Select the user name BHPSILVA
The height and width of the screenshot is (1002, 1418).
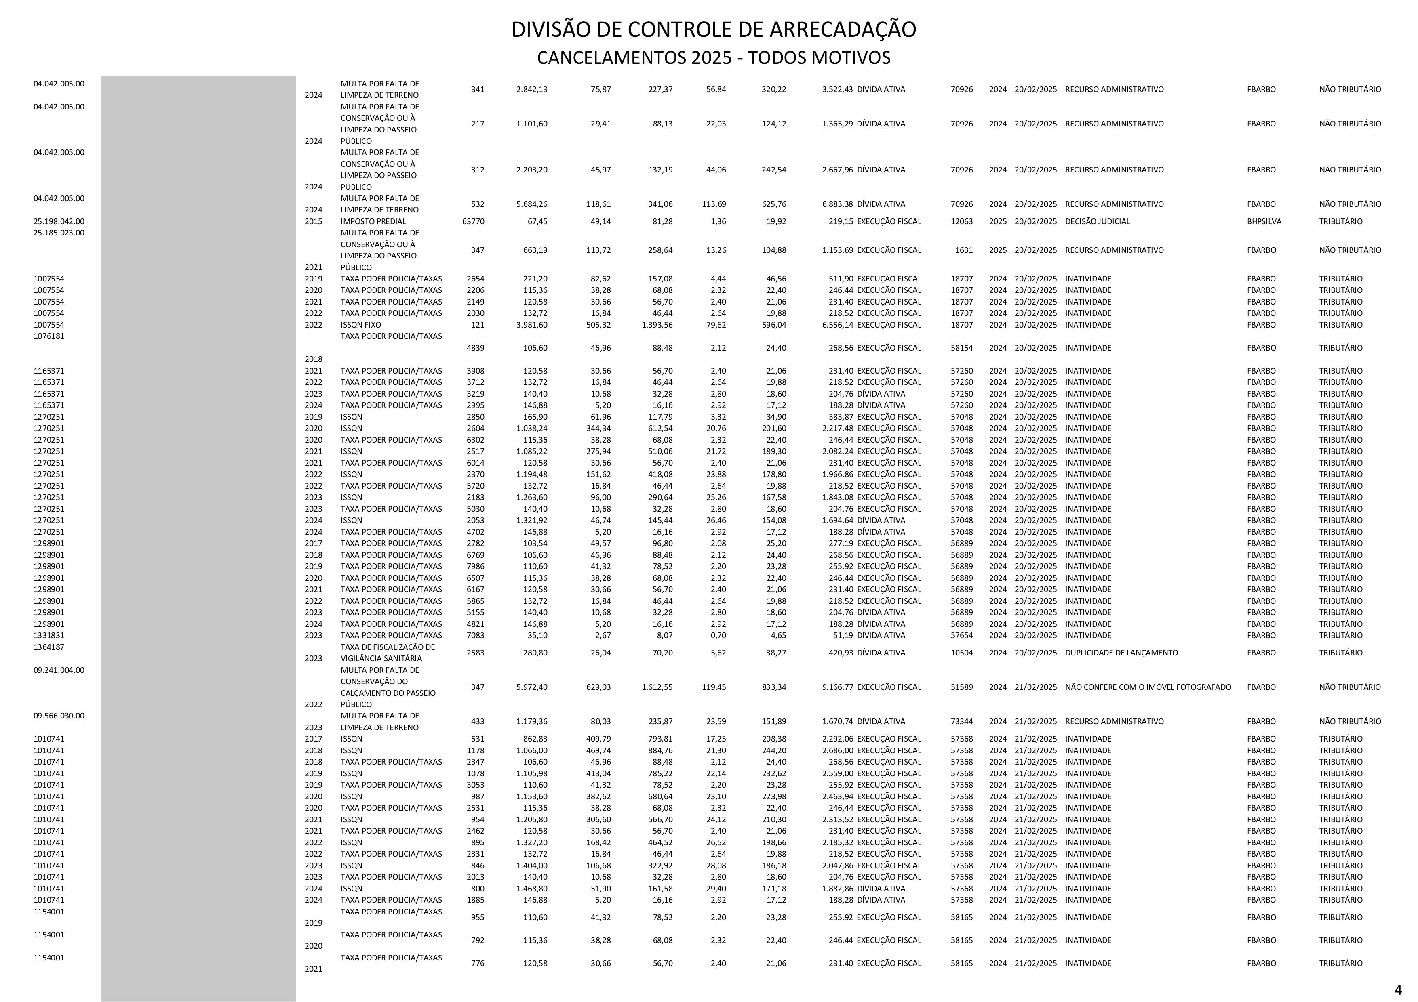(1264, 221)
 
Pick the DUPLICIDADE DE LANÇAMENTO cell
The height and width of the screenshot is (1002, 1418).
(1121, 653)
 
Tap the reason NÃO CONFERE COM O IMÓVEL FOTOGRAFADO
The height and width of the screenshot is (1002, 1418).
(1148, 687)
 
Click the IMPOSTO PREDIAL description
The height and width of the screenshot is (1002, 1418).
(373, 221)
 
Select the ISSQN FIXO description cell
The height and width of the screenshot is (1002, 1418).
(361, 325)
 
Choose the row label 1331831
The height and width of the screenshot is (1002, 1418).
(49, 635)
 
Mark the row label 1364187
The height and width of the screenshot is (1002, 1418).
(49, 647)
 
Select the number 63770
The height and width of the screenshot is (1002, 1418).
(473, 221)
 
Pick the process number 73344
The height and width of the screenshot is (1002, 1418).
(962, 721)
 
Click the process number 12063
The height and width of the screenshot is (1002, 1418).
(962, 221)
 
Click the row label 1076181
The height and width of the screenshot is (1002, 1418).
(49, 336)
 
